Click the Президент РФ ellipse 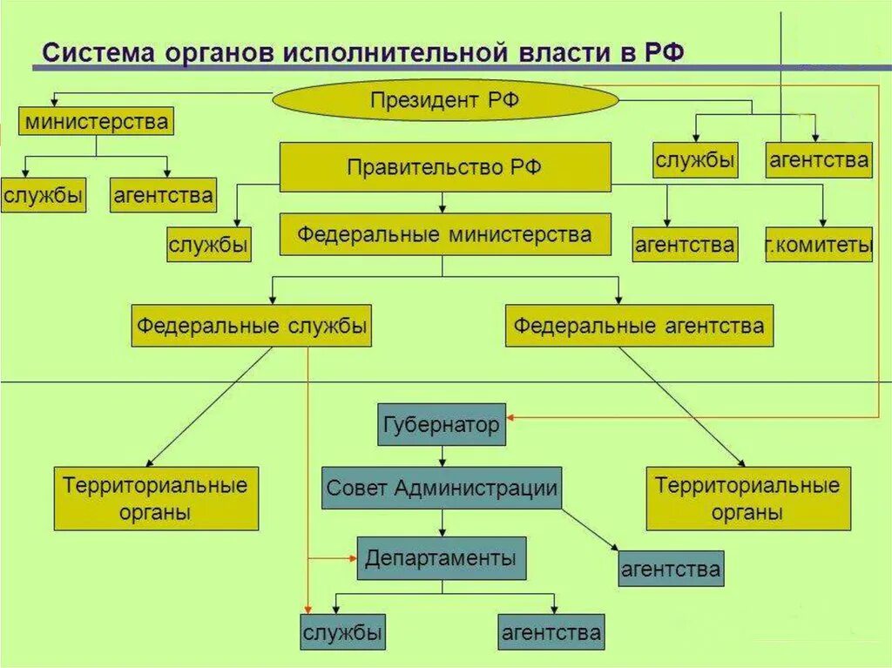click(445, 101)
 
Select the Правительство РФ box click(444, 167)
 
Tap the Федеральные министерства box click(444, 234)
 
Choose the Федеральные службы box click(251, 327)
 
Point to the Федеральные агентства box click(639, 327)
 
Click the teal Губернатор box click(441, 425)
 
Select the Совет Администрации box click(441, 489)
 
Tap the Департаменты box click(441, 557)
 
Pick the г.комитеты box click(819, 245)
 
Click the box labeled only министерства click(96, 121)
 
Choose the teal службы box click(342, 632)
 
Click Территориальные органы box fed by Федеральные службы click(156, 498)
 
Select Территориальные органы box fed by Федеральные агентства click(747, 498)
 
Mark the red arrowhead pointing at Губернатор click(511, 419)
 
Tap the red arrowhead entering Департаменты click(352, 557)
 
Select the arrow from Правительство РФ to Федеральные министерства click(443, 204)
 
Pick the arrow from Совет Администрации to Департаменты click(443, 523)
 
